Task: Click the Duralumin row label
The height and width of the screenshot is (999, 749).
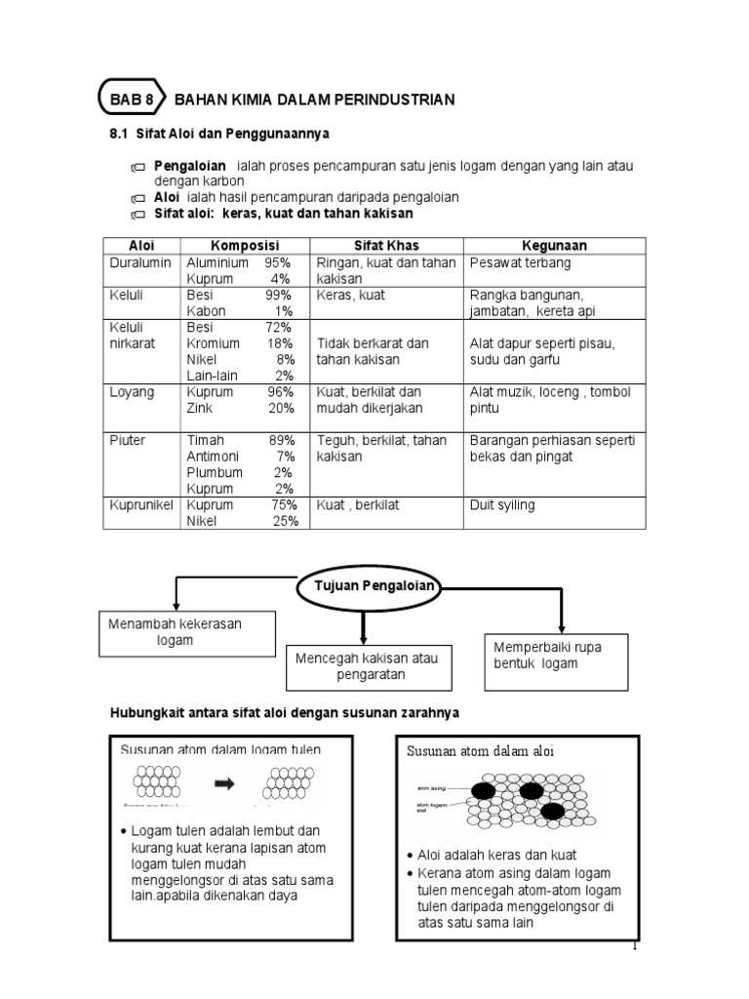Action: coord(140,263)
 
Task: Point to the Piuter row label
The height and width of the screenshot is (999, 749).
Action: coord(127,441)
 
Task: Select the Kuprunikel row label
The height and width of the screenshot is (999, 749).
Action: coord(140,505)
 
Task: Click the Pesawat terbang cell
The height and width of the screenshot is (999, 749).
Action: coord(521,263)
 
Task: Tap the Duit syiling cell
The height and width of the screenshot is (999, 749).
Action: coord(502,505)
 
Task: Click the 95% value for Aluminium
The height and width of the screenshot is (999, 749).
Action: coord(277,263)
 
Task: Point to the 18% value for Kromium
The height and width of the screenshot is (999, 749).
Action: coord(280,343)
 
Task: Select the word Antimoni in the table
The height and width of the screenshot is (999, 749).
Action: coord(214,457)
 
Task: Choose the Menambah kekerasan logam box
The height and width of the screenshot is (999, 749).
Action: coord(185,632)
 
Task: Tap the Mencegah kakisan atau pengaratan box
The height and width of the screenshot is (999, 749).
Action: coord(361,666)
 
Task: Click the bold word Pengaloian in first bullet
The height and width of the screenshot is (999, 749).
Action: coord(190,166)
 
